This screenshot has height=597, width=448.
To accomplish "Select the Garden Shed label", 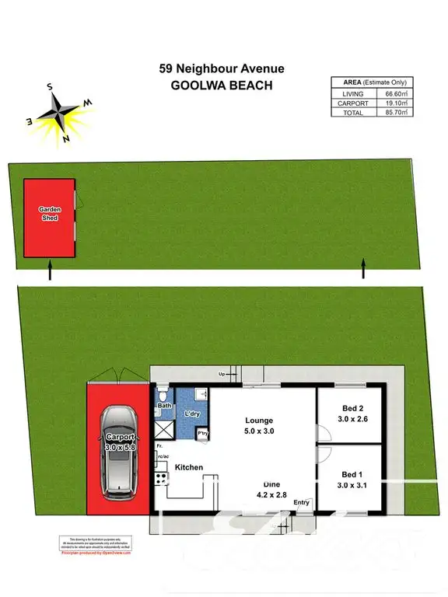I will (x=50, y=214).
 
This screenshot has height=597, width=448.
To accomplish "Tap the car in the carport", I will (x=119, y=452).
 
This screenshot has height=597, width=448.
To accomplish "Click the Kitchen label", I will (x=188, y=467).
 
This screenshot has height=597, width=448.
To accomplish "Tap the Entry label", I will (x=301, y=503).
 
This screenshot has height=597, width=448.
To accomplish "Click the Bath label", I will (x=165, y=406).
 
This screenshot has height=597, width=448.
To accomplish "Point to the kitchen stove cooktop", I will (x=162, y=476).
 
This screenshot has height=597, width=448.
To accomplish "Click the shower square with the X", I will (x=165, y=428).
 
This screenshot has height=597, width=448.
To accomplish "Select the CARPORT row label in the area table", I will (x=348, y=103).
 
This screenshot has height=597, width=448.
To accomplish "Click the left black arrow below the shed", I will (x=51, y=271).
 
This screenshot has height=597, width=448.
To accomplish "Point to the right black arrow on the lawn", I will (x=362, y=270).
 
